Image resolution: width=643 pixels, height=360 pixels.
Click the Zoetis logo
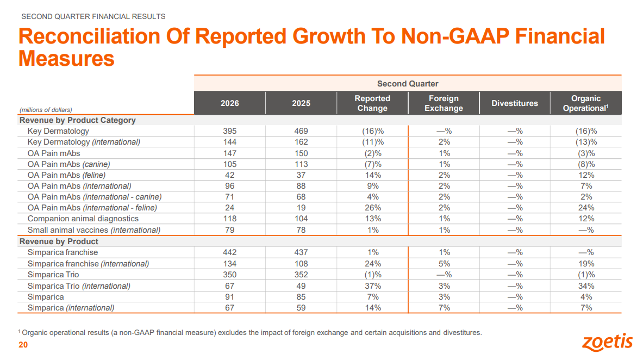[x=607, y=342]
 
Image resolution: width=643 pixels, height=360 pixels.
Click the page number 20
[x=23, y=345]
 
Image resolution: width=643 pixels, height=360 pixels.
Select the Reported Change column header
[x=372, y=103]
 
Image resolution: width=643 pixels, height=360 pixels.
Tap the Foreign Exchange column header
[x=444, y=103]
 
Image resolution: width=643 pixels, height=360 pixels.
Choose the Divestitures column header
[x=515, y=103]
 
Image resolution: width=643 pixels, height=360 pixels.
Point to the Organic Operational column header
[x=585, y=103]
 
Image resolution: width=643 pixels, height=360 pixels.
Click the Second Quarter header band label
[x=408, y=84]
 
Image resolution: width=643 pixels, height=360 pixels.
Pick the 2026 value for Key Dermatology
[x=229, y=131]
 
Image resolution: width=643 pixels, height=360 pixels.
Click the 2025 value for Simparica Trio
[x=301, y=275]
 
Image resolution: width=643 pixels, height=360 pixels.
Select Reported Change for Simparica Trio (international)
[x=373, y=285]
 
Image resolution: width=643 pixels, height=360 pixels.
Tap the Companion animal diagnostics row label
[x=83, y=219]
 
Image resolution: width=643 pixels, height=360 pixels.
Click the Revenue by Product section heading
[x=59, y=241]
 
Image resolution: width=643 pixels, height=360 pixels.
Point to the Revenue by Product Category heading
[x=78, y=120]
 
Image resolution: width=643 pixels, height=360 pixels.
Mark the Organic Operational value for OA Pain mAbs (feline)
[x=586, y=175]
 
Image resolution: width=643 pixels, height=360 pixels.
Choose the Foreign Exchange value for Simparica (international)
[x=444, y=308]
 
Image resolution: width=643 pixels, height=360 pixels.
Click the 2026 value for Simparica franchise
[x=229, y=252]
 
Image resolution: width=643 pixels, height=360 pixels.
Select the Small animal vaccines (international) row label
[x=94, y=230]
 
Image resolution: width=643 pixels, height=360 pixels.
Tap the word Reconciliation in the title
[x=89, y=36]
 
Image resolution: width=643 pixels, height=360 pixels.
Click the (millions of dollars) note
[x=46, y=110]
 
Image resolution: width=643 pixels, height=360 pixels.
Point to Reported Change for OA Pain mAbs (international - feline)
[x=373, y=208]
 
